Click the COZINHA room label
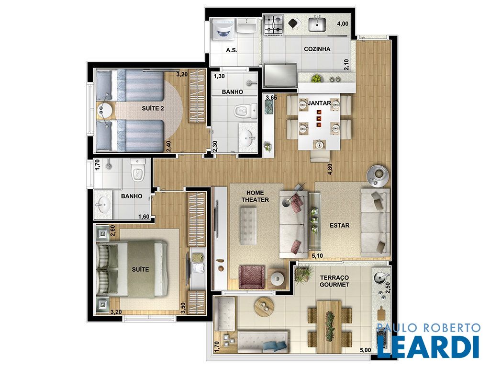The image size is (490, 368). coord(317,49)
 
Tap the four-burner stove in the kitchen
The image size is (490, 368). coord(274,25)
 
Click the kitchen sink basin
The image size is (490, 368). coord(317,24)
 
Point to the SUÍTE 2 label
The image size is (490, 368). coord(153,109)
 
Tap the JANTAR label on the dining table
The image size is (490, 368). coord(319,103)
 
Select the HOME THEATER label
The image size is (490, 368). coord(255,196)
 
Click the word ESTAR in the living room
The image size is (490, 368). coord(339,225)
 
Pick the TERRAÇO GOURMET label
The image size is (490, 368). coord(334,281)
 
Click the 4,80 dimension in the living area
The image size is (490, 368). coord(330,169)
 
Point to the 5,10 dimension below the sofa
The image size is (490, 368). coord(317,256)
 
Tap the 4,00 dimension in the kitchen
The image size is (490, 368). coord(343,24)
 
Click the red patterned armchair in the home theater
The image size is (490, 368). coord(252,277)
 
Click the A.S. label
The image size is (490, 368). coord(232,50)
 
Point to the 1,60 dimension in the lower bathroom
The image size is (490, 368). coord(144,217)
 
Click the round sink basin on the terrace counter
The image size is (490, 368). coord(379,277)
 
